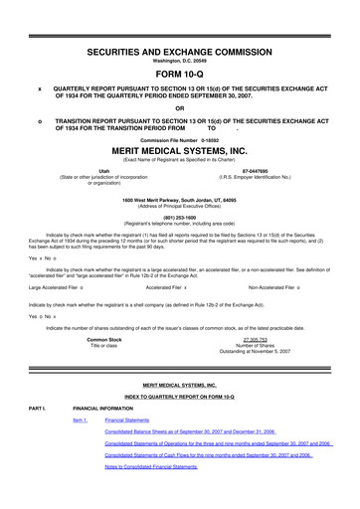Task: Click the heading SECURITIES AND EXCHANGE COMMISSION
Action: (x=179, y=49)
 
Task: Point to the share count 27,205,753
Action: (x=263, y=339)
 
